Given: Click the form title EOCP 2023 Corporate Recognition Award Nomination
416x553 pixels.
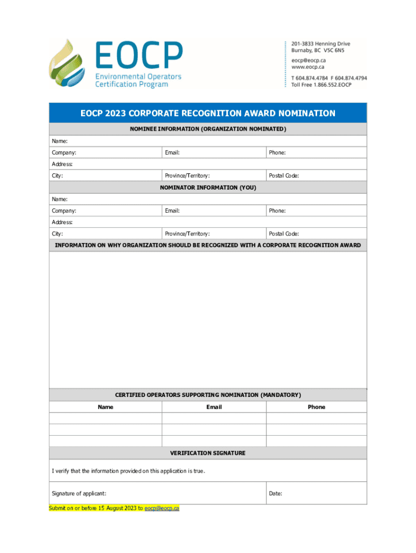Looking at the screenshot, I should coord(208,113).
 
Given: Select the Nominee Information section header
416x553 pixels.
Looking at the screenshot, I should coord(208,130).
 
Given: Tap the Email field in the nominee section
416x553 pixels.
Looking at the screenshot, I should coord(213,153).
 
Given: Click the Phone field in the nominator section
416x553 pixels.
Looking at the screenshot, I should coord(316,211).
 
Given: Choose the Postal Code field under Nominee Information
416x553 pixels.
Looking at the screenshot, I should coord(316,176).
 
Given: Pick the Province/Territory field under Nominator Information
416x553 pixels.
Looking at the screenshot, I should coord(213,234).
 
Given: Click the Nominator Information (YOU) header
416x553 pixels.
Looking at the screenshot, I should coord(208,187).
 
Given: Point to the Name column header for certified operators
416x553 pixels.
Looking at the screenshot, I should coord(105,407).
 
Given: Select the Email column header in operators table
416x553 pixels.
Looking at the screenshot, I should coord(214,407).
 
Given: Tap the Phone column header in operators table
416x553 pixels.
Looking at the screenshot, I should coord(317,407).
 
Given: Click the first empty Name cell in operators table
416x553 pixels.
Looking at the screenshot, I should coord(105,419).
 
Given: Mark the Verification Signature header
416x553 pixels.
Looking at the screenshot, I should coord(208,453).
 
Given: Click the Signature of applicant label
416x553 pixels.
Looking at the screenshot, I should coord(79,494).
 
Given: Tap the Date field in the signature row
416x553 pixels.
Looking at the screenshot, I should coord(316,494).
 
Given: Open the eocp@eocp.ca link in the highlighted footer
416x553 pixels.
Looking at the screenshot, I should coord(162,508).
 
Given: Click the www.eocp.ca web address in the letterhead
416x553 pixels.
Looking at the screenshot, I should coord(308,67).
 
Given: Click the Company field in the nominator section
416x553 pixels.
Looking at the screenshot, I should coord(105,211).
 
